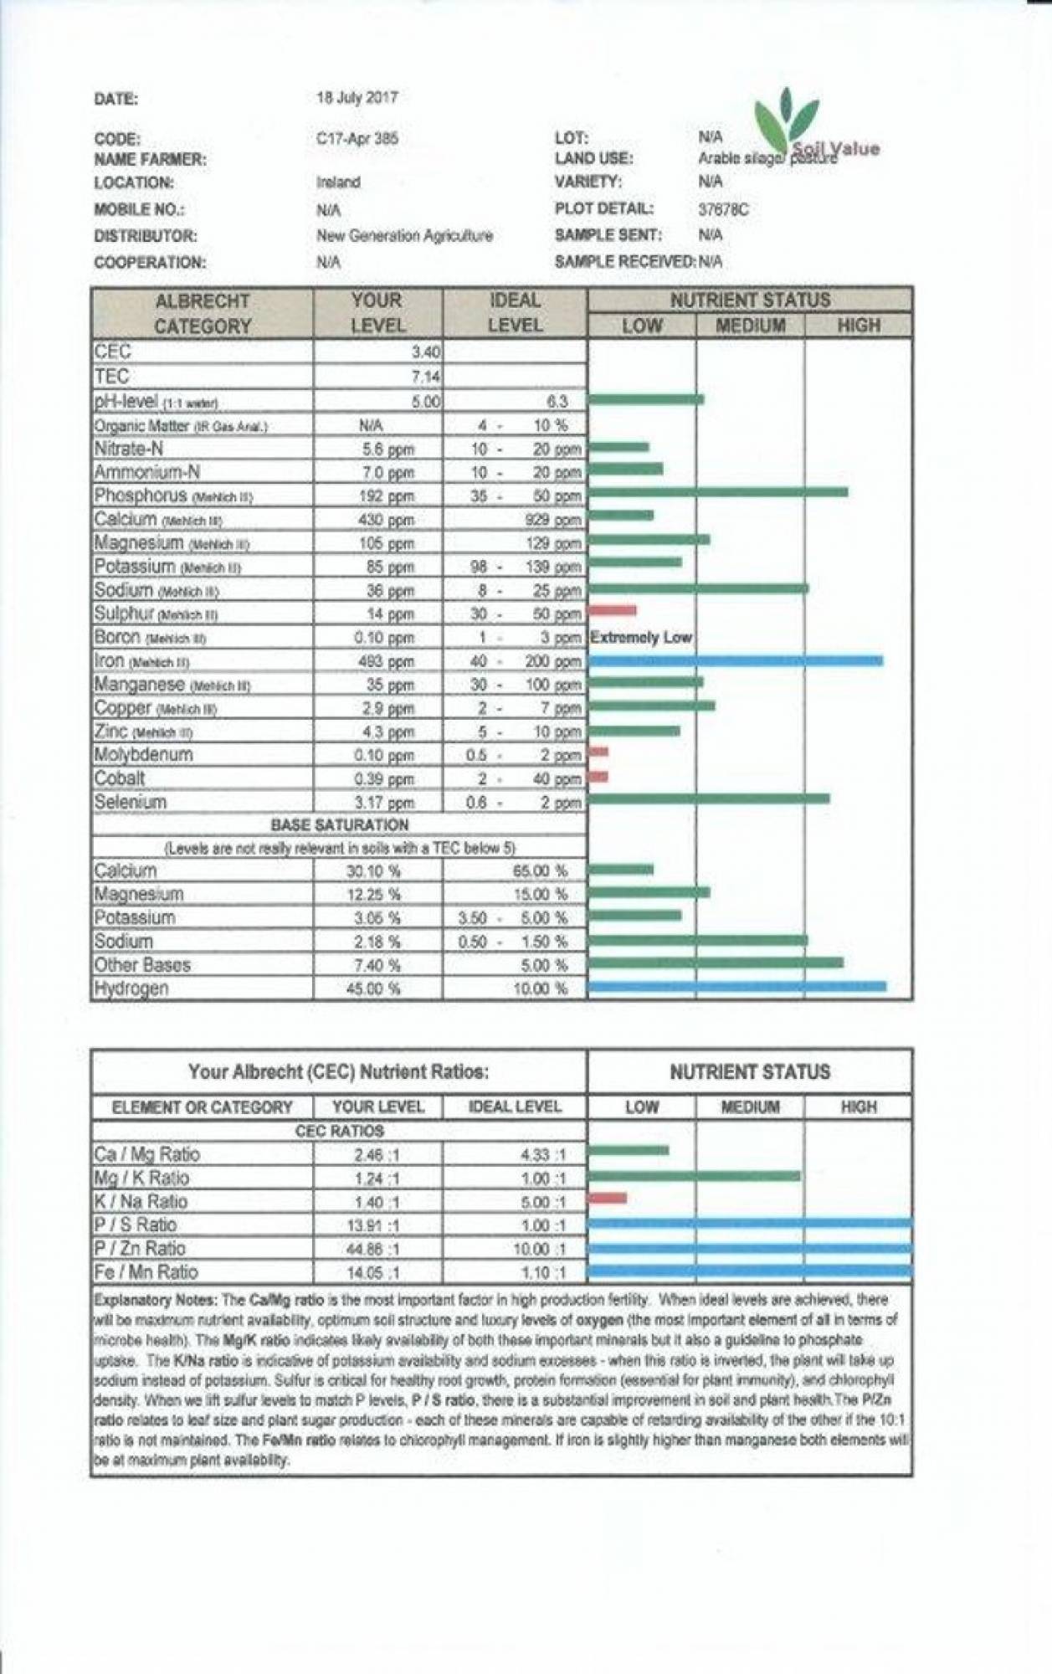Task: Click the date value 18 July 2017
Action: click(357, 98)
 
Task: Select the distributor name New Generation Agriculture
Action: click(404, 236)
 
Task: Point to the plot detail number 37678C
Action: click(723, 209)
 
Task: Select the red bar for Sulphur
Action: click(613, 610)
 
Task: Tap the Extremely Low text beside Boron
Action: click(641, 638)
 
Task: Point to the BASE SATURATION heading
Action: click(340, 825)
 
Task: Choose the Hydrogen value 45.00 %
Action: click(373, 988)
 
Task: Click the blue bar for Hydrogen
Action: click(736, 987)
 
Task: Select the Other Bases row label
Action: click(142, 965)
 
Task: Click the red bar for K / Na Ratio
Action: click(608, 1198)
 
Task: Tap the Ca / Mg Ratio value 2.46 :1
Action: click(377, 1155)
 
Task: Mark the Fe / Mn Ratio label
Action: click(146, 1272)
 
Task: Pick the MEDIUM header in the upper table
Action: click(750, 326)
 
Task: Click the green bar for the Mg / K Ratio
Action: click(694, 1176)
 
